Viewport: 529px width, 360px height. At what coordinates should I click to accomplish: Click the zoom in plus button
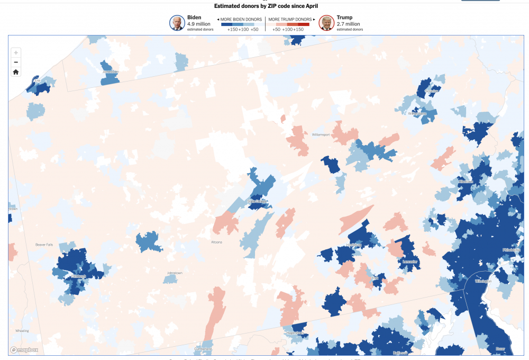coord(16,53)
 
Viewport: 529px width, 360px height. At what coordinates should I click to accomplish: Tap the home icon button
coord(16,72)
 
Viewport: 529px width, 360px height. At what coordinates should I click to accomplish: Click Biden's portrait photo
coord(177,23)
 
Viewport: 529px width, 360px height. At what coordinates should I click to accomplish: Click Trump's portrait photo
coord(326,23)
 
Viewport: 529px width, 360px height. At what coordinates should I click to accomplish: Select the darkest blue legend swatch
coord(227,24)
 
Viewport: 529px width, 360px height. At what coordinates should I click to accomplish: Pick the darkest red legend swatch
coord(303,24)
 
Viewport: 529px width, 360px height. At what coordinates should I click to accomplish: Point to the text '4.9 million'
coord(199,24)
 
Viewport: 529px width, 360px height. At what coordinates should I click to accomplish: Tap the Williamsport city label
coord(321,135)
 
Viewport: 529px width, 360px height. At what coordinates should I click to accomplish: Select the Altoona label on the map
coord(216,242)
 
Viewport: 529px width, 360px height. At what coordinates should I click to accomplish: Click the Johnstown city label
coord(175,273)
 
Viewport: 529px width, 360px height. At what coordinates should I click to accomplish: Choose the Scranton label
coord(432,91)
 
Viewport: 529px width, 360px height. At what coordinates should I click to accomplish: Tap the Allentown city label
coord(466,182)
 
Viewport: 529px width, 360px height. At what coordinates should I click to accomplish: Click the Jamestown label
coord(111,71)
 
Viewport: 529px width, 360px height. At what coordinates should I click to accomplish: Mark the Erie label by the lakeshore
coord(36,82)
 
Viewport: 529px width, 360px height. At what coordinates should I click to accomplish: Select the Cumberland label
coord(203,349)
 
